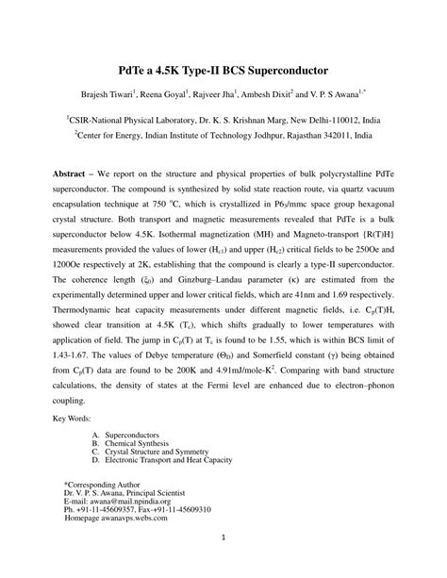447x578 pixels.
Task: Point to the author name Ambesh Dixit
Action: point(266,95)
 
